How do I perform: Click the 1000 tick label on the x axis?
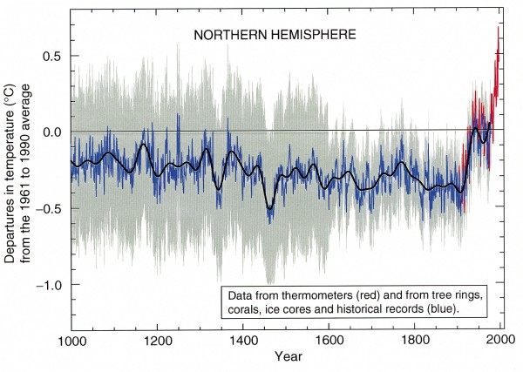pyautogui.click(x=71, y=340)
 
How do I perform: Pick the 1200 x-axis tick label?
pyautogui.click(x=157, y=340)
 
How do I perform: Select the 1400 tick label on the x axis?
pyautogui.click(x=243, y=340)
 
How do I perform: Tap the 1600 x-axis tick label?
pyautogui.click(x=329, y=340)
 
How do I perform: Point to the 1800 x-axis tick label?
pyautogui.click(x=415, y=340)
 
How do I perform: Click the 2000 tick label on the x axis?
pyautogui.click(x=500, y=340)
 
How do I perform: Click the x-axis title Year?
pyautogui.click(x=285, y=357)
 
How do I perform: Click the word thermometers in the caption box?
pyautogui.click(x=311, y=291)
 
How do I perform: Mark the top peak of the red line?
pyautogui.click(x=499, y=28)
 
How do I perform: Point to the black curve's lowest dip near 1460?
pyautogui.click(x=269, y=209)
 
